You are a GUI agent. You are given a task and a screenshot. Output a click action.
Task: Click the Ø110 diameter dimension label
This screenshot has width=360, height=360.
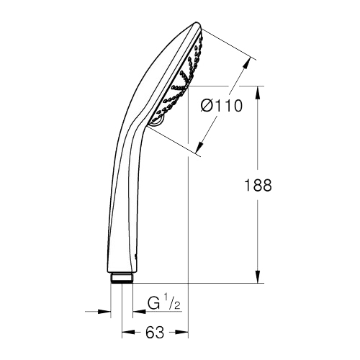(x=222, y=106)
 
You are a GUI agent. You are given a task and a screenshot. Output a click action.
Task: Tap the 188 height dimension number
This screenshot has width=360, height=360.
(x=258, y=185)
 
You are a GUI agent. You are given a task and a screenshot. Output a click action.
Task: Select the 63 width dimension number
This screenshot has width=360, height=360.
(x=155, y=333)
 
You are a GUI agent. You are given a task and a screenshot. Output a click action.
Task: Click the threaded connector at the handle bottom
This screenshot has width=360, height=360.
(x=122, y=279)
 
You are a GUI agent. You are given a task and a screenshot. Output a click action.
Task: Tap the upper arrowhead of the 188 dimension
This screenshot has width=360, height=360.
(x=258, y=92)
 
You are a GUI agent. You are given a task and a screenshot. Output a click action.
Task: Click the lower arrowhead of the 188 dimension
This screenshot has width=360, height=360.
(x=258, y=276)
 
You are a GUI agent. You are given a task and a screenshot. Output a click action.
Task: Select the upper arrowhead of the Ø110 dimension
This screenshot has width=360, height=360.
(x=246, y=63)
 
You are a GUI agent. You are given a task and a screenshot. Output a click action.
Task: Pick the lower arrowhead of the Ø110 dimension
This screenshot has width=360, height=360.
(x=200, y=147)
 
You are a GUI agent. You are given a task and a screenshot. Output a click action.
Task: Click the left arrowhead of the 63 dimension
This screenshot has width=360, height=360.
(x=128, y=332)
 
